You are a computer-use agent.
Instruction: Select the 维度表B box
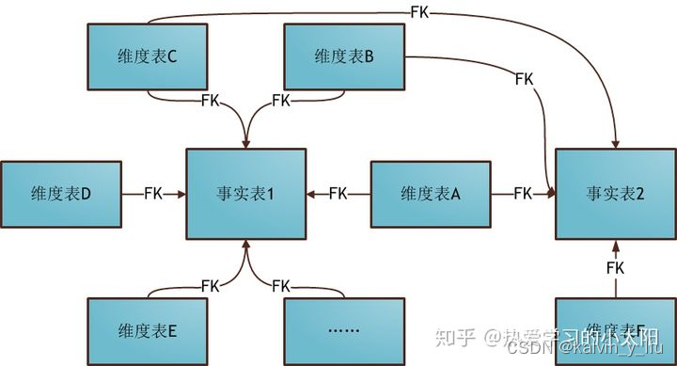tap(343, 56)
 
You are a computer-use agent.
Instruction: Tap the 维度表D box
tap(61, 194)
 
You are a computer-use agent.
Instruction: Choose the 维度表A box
tap(430, 194)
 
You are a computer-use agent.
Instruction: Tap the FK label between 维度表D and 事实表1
tap(154, 194)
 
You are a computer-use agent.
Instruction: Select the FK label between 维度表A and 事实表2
tap(524, 194)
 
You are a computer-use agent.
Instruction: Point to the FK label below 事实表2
tap(615, 268)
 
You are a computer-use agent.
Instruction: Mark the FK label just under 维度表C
tap(211, 99)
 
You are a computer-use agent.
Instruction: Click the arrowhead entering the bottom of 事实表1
tap(245, 246)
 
